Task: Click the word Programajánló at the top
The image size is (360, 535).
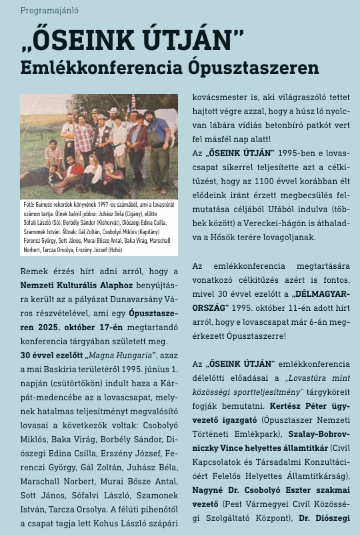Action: (x=45, y=11)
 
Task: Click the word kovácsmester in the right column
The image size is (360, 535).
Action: (x=222, y=96)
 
